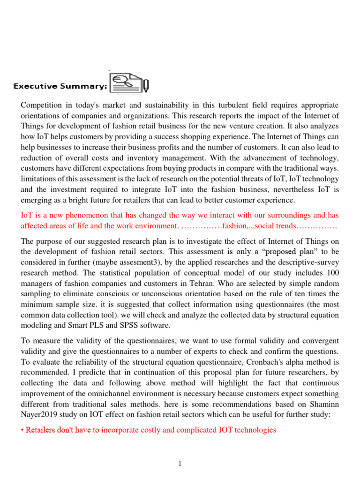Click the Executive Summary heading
pyautogui.click(x=60, y=86)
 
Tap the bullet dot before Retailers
pyautogui.click(x=22, y=429)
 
